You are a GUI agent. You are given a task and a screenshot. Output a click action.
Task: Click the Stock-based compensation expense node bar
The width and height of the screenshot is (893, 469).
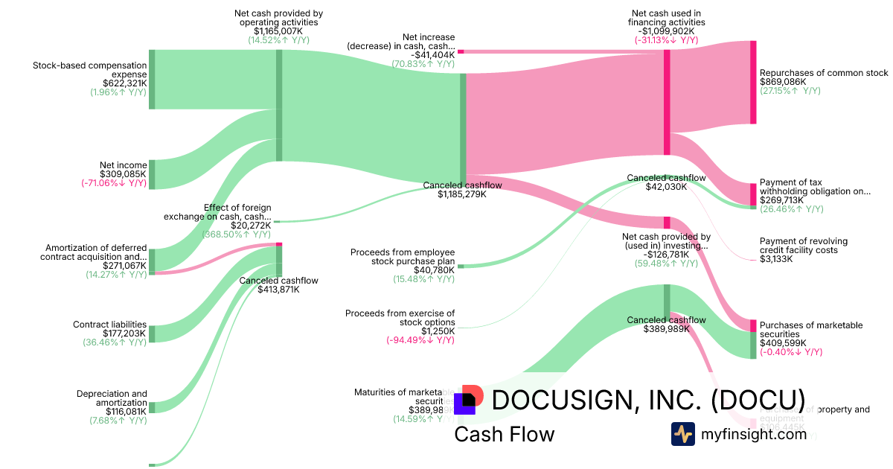tap(152, 80)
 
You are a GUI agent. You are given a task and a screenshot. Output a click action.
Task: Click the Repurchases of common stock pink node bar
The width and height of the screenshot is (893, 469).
tap(753, 82)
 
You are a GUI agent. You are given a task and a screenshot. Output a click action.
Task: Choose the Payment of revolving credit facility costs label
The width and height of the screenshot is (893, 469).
tap(803, 246)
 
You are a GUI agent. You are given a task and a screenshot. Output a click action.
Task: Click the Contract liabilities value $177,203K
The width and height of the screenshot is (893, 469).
tap(122, 334)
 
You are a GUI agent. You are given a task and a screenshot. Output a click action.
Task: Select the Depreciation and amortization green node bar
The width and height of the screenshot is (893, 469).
tap(152, 407)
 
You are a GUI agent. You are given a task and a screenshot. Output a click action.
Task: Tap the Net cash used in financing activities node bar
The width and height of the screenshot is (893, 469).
tap(667, 102)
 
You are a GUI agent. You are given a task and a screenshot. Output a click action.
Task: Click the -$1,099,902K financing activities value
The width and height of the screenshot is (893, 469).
tap(666, 31)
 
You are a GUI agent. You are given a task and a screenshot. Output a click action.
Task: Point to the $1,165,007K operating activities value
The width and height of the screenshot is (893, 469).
tap(278, 31)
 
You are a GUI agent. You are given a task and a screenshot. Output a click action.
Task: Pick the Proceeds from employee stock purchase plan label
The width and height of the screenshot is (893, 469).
tap(403, 257)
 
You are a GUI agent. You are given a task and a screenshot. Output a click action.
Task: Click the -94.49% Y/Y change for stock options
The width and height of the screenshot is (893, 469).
tap(420, 340)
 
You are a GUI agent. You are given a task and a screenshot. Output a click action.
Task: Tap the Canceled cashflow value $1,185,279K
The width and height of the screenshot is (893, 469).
tap(461, 194)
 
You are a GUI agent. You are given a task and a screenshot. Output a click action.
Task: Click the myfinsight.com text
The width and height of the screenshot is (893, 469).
tap(754, 434)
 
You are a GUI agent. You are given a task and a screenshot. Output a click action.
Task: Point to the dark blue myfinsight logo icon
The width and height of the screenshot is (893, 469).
tap(682, 434)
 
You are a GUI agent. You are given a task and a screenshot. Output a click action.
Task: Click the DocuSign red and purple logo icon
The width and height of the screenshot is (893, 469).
tap(467, 400)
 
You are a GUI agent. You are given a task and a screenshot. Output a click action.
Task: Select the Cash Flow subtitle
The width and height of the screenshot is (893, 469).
tap(504, 434)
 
